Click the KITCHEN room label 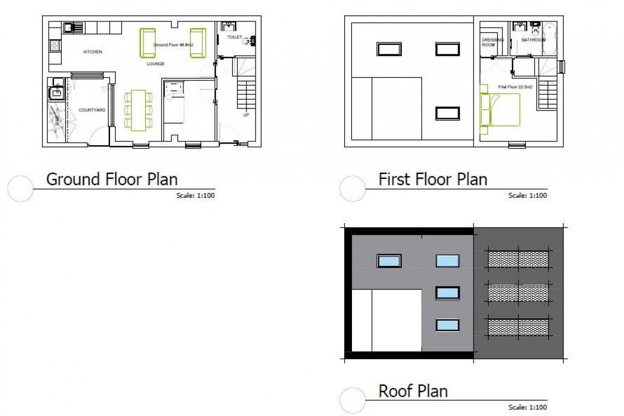[93, 52]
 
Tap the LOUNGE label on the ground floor [155, 64]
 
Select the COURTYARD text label [91, 110]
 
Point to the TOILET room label [234, 37]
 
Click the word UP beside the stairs [246, 115]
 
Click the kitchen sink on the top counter [70, 27]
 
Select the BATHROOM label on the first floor [533, 40]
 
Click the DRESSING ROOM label [488, 42]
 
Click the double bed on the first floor [502, 110]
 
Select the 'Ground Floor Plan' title [112, 179]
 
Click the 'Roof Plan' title [413, 391]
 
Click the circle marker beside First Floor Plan [353, 189]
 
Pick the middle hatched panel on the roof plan [517, 292]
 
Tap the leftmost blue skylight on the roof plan [389, 261]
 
